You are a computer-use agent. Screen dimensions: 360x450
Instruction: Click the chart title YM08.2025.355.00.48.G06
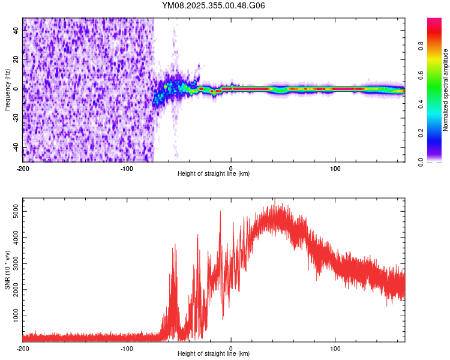coord(214,5)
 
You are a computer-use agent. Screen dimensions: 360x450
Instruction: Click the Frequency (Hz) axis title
coord(7,90)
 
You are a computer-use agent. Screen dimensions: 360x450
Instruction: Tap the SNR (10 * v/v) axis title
coord(7,269)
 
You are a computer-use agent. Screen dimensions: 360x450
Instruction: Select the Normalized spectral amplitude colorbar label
coord(445,90)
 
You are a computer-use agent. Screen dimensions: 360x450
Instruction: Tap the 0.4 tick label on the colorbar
coord(421,104)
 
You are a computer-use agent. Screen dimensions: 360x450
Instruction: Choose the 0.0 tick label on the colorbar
coord(421,161)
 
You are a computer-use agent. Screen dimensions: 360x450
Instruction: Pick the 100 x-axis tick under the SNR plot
coord(335,347)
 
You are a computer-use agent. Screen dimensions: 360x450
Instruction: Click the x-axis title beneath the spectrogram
coord(214,174)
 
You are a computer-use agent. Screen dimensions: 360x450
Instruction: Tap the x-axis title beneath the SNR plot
coord(214,354)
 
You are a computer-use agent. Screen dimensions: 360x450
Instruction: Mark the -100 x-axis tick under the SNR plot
coord(127,347)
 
